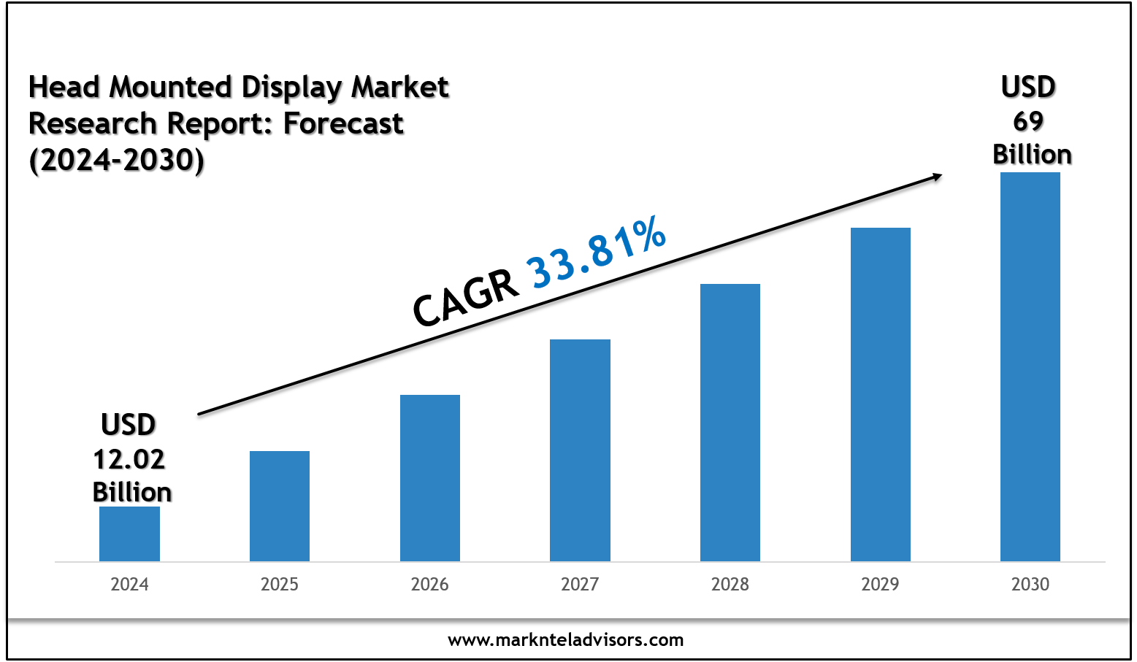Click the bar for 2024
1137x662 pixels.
tap(129, 534)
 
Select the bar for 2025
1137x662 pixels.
tap(280, 506)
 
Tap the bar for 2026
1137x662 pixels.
tap(430, 478)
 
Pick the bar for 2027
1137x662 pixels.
tap(580, 450)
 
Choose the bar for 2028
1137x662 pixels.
tap(730, 423)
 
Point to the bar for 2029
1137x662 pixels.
tap(881, 394)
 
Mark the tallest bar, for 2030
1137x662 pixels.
tap(1030, 366)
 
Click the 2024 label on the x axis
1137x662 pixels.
tap(129, 585)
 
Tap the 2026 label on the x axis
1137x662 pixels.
tap(430, 585)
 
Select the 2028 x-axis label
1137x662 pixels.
tap(730, 585)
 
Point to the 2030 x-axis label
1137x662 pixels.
tap(1030, 585)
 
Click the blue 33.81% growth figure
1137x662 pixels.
tap(597, 252)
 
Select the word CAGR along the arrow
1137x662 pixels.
tap(466, 299)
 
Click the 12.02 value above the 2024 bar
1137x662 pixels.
tap(129, 459)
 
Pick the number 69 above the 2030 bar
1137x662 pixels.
tap(1029, 121)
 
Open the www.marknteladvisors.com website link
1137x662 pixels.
tap(566, 640)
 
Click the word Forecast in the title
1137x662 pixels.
tap(343, 124)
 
